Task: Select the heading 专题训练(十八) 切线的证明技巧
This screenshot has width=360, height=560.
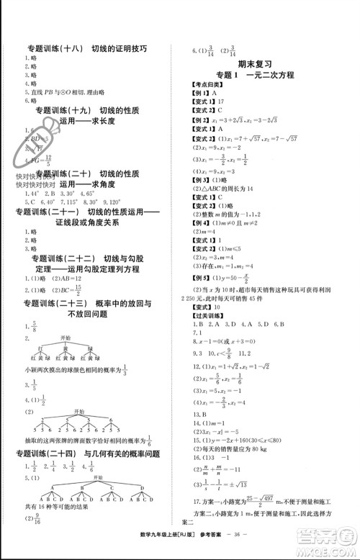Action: click(86, 48)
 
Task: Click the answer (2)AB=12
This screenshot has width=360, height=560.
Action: click(60, 278)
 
